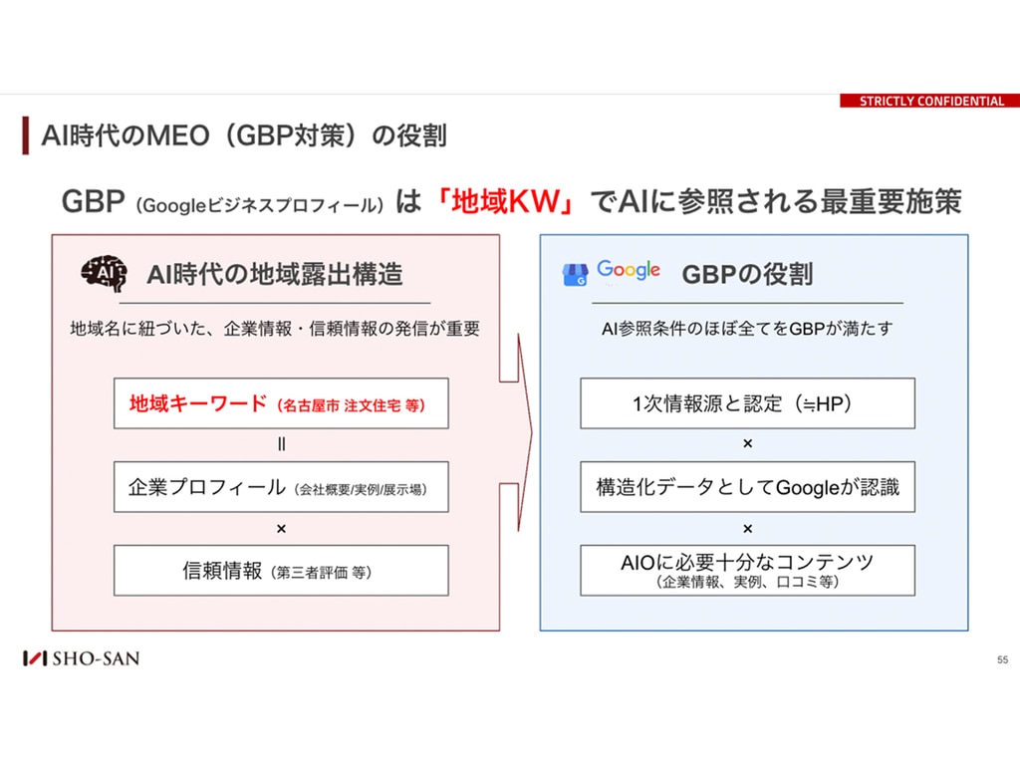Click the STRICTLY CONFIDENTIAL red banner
[x=929, y=101]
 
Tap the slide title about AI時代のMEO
[x=244, y=135]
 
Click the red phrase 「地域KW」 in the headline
[x=505, y=201]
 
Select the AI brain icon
[x=104, y=273]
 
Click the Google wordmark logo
[x=629, y=269]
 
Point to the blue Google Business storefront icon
[x=575, y=275]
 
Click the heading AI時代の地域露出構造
[x=275, y=274]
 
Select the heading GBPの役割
[x=747, y=274]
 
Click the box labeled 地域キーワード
[x=281, y=403]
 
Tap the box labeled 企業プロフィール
[x=281, y=486]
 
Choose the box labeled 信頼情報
[x=281, y=571]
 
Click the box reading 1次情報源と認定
[x=747, y=403]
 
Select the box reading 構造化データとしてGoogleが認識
[x=747, y=486]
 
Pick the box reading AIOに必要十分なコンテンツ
[x=747, y=571]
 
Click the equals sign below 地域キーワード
[x=281, y=444]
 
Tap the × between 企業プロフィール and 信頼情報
[x=281, y=529]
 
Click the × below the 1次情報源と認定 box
[x=747, y=443]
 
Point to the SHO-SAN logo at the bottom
[x=82, y=658]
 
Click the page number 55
[x=1002, y=659]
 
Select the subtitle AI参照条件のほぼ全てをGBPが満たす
[x=747, y=329]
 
